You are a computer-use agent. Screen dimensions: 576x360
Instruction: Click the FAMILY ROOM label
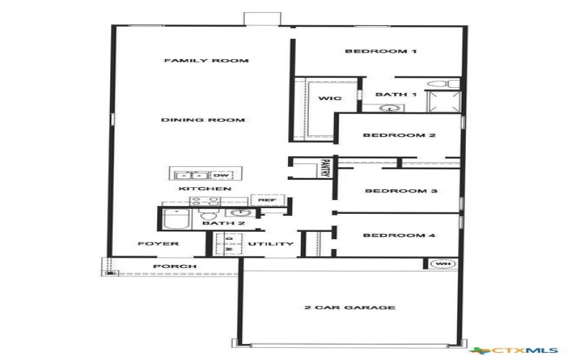tap(207, 60)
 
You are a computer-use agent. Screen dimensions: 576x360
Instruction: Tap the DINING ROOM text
tap(203, 120)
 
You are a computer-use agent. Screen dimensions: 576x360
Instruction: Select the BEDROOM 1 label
tap(381, 51)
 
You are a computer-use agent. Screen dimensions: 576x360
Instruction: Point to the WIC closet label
tap(330, 98)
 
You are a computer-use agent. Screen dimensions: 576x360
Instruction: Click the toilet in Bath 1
tap(443, 84)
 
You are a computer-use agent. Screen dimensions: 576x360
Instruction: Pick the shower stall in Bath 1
tap(444, 102)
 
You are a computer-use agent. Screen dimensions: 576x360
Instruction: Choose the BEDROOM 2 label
tap(400, 135)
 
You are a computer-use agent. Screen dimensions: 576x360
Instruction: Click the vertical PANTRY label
tap(325, 168)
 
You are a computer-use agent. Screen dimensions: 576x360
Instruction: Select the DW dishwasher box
tap(221, 175)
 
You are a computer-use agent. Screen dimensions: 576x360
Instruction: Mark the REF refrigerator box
tap(267, 200)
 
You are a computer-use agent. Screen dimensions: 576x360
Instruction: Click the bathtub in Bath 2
tap(176, 219)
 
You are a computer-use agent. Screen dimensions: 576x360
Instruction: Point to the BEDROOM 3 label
tap(401, 191)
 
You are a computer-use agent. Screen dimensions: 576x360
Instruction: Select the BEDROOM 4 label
tap(400, 235)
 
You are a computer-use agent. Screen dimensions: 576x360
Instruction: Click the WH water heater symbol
tap(443, 264)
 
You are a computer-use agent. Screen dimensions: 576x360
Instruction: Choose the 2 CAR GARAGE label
tap(350, 307)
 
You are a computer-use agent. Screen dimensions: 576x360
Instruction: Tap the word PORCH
tap(175, 266)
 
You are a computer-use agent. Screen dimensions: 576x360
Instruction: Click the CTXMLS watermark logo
tap(513, 351)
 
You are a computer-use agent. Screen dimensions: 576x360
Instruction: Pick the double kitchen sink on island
tap(192, 175)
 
